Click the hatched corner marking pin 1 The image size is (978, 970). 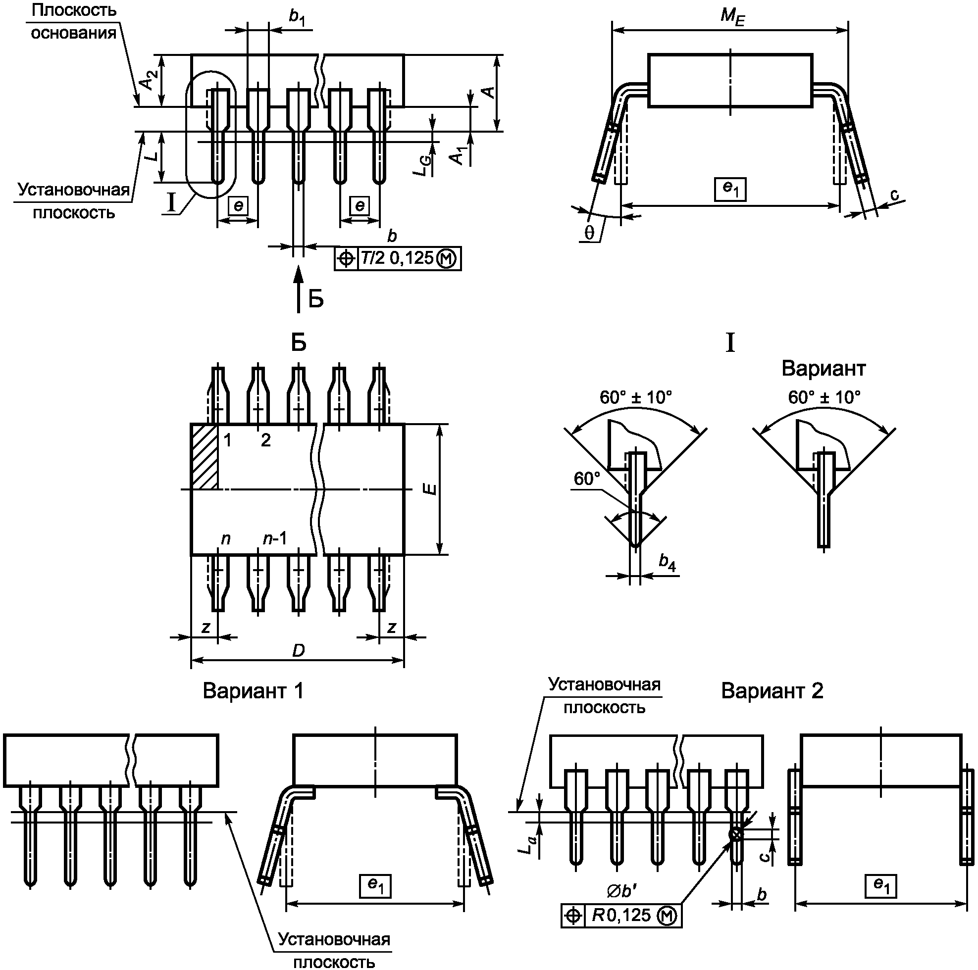pyautogui.click(x=204, y=456)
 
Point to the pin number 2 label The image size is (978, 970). pyautogui.click(x=266, y=440)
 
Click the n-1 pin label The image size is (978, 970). pyautogui.click(x=275, y=538)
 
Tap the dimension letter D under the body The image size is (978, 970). pyautogui.click(x=298, y=650)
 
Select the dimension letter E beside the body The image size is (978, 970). pyautogui.click(x=430, y=489)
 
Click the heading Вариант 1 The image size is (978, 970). pyautogui.click(x=253, y=691)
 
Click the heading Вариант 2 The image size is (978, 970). pyautogui.click(x=772, y=691)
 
